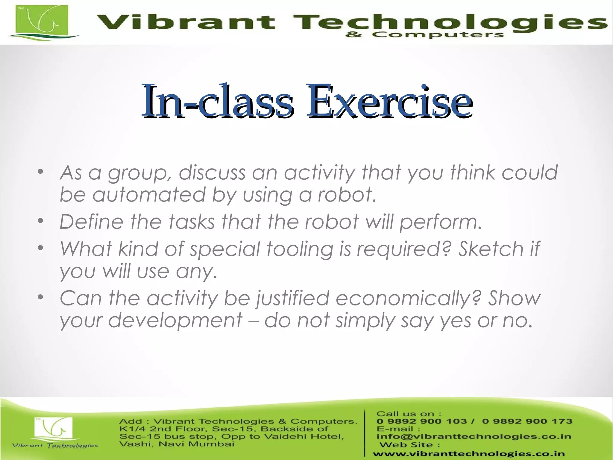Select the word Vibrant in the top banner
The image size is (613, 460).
(x=186, y=22)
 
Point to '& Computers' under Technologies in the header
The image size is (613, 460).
(x=424, y=35)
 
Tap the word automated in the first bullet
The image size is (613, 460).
(x=149, y=195)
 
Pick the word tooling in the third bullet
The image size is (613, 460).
(x=299, y=249)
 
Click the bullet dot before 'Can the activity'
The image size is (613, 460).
(x=41, y=297)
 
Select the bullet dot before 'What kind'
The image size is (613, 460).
(x=41, y=248)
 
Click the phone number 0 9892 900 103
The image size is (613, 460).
(x=421, y=421)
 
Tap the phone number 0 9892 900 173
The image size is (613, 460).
(x=527, y=421)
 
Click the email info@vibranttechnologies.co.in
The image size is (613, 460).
(x=474, y=436)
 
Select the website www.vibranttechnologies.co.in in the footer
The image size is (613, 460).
(x=469, y=454)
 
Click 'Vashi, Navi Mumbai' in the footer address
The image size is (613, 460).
(x=177, y=444)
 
